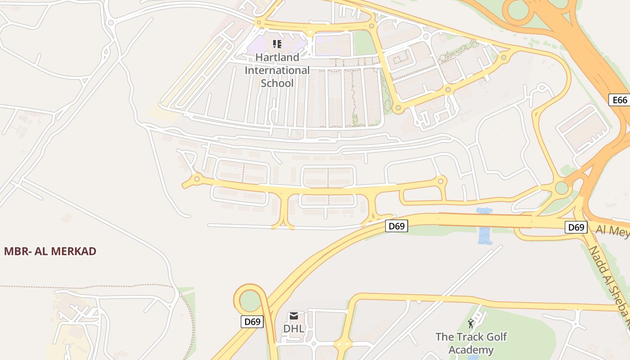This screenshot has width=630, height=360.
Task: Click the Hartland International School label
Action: pos(277,70)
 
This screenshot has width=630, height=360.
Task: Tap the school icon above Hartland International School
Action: pos(277,44)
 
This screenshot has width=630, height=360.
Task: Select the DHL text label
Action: pos(293,329)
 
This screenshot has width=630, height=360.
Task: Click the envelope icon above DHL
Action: pos(294,316)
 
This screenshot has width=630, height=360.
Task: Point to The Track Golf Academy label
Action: pos(471,343)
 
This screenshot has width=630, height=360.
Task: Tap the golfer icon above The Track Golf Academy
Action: pos(471,323)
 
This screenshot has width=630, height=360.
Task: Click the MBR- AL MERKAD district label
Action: pos(50,251)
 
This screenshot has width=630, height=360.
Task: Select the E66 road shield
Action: pos(620,100)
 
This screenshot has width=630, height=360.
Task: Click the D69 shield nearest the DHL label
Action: pos(252,321)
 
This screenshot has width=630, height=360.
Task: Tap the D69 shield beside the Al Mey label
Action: pos(576,227)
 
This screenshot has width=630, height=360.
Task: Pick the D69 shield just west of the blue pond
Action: pos(396,226)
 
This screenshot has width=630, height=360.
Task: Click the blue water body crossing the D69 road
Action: pos(485,226)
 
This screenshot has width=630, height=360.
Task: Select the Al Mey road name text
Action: pos(612,230)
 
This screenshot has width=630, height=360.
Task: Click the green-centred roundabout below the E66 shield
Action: pos(562,188)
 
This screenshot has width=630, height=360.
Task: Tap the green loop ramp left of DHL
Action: pos(250,300)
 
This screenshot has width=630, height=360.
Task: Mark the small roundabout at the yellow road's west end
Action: pos(197,179)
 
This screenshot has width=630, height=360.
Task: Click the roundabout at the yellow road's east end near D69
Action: pos(441,181)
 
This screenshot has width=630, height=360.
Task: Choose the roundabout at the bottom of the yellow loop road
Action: pos(397,108)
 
